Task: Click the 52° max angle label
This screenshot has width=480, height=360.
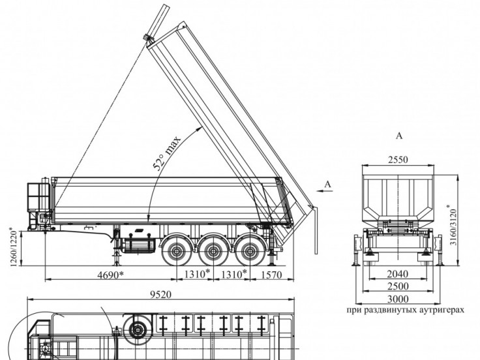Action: click(x=167, y=153)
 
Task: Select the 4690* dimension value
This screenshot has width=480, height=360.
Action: click(x=110, y=275)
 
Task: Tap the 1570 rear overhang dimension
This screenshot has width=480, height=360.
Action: click(x=271, y=275)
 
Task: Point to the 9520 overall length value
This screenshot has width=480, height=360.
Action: click(x=160, y=295)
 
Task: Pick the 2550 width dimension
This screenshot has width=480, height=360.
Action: click(x=398, y=160)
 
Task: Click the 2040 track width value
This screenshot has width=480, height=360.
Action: click(x=398, y=274)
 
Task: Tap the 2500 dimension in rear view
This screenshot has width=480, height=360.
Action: click(x=398, y=286)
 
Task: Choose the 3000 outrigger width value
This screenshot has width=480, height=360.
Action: click(x=398, y=299)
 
